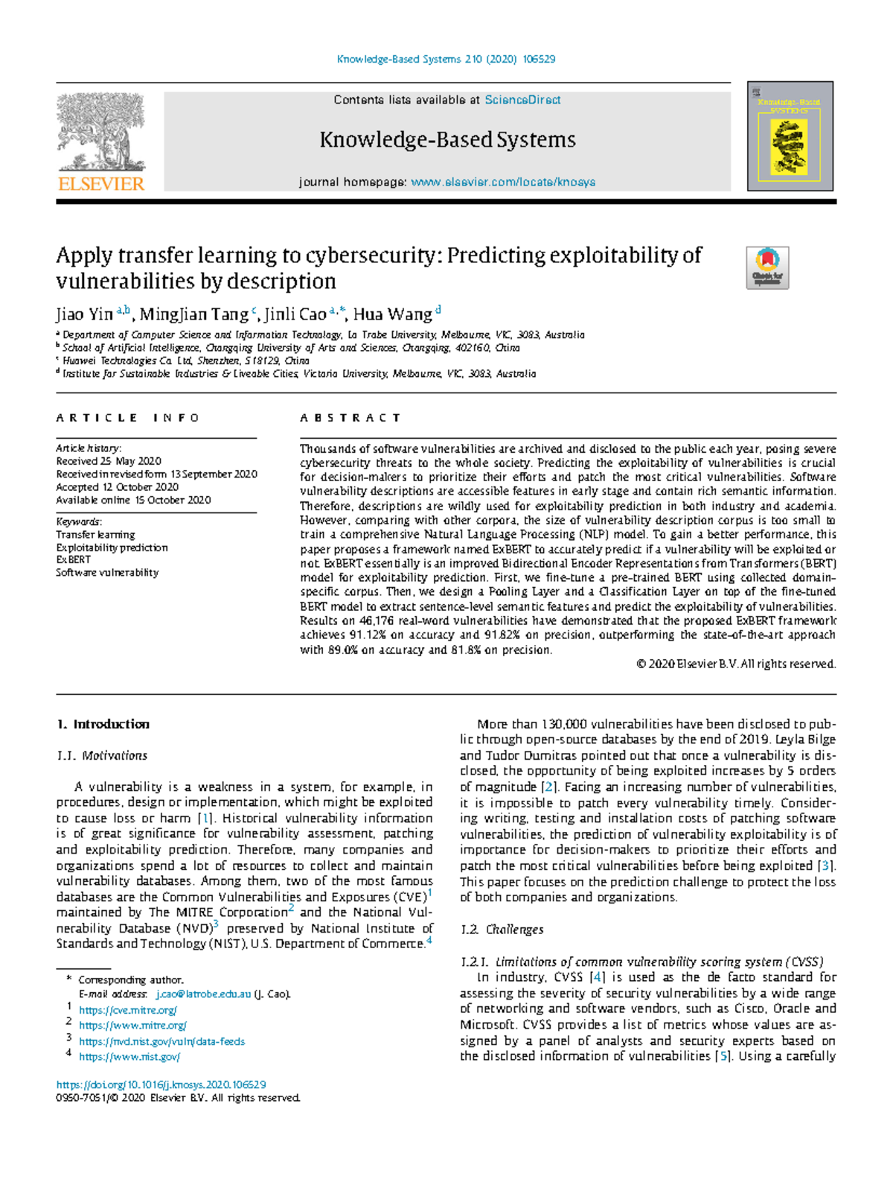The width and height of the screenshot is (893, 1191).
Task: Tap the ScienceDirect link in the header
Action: (x=522, y=100)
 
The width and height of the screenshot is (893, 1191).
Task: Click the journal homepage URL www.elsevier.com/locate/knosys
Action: (x=503, y=182)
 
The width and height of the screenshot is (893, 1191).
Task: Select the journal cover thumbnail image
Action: (x=790, y=136)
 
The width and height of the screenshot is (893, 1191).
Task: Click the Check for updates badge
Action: (x=767, y=267)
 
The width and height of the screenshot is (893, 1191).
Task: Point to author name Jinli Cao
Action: (x=295, y=314)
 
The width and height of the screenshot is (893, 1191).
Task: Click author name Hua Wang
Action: (x=392, y=314)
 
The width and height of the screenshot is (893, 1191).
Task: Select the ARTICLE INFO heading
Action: (x=127, y=418)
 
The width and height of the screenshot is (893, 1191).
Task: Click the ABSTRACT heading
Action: (x=351, y=418)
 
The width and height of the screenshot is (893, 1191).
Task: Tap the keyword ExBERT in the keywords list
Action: (x=73, y=559)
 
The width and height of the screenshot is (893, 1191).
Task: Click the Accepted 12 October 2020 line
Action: (x=117, y=487)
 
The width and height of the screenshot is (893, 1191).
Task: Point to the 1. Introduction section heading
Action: (x=103, y=724)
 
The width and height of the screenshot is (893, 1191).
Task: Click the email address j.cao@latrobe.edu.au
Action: (x=203, y=994)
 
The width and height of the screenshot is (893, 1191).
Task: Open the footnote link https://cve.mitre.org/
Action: (x=128, y=1010)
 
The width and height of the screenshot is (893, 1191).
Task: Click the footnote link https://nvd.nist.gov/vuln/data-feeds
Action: (x=161, y=1041)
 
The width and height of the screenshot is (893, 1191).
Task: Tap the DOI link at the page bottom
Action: (x=161, y=1084)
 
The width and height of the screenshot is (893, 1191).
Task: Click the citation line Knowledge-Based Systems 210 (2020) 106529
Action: (x=446, y=59)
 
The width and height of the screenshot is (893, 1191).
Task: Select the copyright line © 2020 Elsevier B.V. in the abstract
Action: (x=736, y=664)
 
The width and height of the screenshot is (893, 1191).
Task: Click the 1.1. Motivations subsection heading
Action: (x=102, y=755)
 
